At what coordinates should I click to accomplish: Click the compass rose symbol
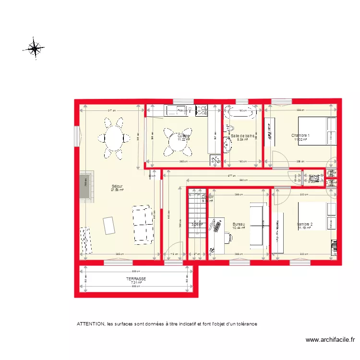[x=35, y=48]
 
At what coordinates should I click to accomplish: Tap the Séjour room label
[x=117, y=186]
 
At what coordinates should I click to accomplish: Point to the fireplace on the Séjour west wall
[x=86, y=186]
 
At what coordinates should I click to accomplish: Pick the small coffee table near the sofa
[x=109, y=225]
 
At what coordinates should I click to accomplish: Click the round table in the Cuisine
[x=178, y=142]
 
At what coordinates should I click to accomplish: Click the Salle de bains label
[x=242, y=136]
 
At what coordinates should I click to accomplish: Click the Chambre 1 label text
[x=300, y=135]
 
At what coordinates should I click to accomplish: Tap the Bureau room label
[x=239, y=224]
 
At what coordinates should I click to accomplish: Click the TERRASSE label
[x=136, y=278]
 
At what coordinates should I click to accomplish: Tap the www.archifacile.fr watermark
[x=330, y=340]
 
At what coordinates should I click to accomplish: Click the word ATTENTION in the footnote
[x=90, y=324]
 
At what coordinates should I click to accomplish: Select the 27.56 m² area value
[x=117, y=190]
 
